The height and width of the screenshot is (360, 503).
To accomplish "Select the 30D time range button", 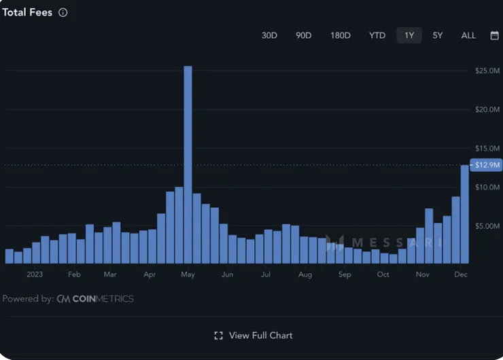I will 269,35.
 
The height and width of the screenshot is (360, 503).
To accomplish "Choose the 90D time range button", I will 303,35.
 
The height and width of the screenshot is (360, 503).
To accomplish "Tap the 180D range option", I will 340,35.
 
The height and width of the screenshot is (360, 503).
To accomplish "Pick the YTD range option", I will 377,35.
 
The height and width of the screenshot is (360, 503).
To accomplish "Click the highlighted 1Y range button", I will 409,35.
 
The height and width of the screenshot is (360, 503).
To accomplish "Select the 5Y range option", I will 438,35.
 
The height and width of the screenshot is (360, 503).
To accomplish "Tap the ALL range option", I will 468,35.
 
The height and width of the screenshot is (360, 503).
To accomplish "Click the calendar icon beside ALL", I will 494,35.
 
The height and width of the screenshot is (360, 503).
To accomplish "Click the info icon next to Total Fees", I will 63,12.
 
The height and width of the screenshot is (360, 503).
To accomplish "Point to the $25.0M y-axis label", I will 488,71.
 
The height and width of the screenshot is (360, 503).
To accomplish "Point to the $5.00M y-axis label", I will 488,226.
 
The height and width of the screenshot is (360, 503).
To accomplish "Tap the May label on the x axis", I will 188,274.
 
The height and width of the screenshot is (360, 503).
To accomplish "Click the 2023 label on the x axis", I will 35,274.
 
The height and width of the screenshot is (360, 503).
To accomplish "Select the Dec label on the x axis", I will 461,274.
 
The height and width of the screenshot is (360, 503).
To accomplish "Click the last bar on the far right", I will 465,214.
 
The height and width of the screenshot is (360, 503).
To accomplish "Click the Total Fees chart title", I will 27,12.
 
